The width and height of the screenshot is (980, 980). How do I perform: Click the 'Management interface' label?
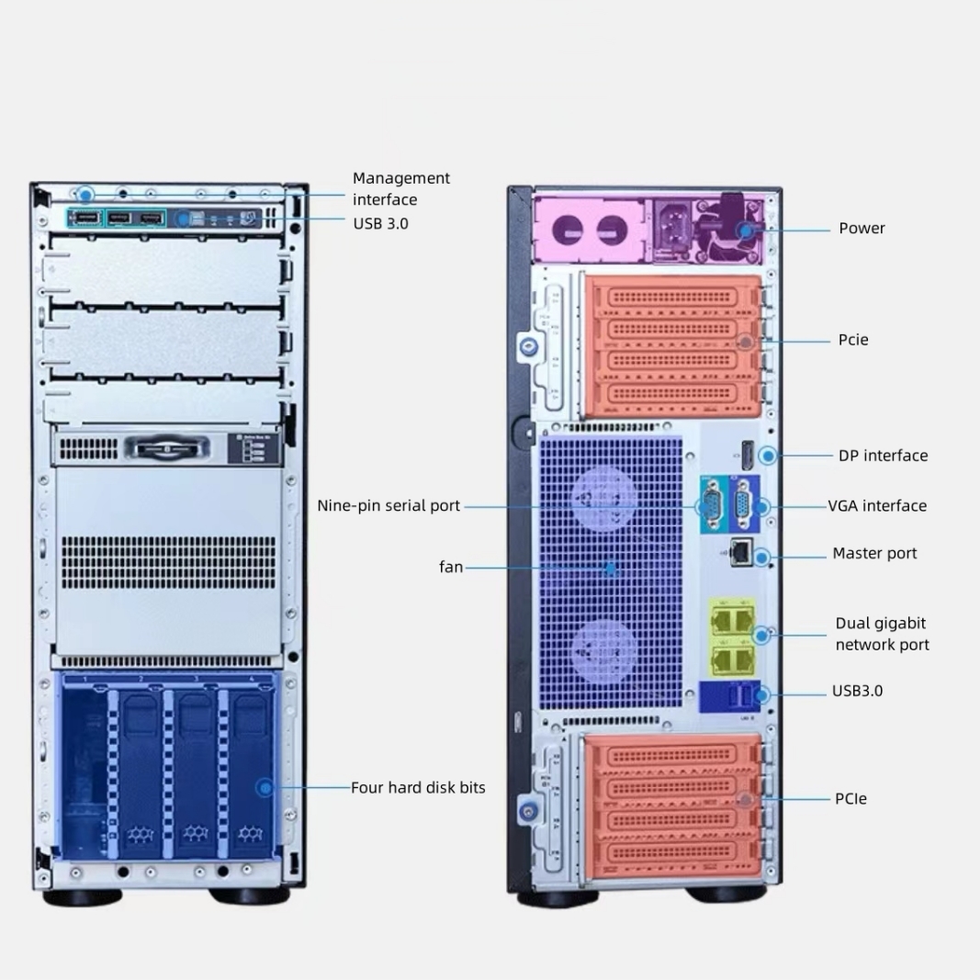tap(401, 188)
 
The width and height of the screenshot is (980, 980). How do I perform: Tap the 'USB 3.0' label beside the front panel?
tap(380, 223)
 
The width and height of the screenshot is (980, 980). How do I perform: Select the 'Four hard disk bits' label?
tap(418, 787)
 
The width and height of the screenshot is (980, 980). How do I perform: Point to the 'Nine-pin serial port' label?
tap(389, 506)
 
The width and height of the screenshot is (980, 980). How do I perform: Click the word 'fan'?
tap(451, 568)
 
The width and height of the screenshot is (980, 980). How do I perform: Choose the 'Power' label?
tap(862, 228)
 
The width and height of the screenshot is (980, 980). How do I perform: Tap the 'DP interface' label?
tap(883, 456)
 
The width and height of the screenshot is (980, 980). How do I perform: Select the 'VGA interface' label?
tap(877, 506)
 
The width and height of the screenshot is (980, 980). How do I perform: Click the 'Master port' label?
tap(874, 553)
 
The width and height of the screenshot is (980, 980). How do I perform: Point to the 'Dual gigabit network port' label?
tap(882, 634)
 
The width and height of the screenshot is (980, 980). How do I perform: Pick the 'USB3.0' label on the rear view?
tap(857, 691)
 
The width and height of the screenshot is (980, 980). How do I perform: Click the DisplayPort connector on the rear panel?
tap(747, 454)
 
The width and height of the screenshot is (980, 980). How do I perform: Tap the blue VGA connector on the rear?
tap(745, 504)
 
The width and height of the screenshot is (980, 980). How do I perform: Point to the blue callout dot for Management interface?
tap(85, 195)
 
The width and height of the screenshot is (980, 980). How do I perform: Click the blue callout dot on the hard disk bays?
tap(265, 787)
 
